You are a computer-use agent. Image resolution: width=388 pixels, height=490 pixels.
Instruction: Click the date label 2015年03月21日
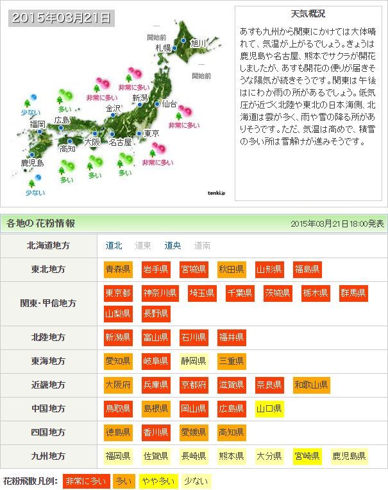point(62,18)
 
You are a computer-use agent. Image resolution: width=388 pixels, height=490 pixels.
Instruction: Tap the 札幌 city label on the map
point(163,48)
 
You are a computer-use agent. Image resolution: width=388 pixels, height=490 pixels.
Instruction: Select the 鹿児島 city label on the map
point(32,163)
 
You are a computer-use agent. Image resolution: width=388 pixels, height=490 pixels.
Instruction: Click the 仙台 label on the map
point(169,103)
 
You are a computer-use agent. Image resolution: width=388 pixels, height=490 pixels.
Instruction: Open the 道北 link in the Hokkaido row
point(114,245)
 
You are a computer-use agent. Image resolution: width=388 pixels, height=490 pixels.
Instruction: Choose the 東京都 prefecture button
point(118,293)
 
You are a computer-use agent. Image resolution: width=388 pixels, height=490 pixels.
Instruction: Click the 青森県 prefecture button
point(118,269)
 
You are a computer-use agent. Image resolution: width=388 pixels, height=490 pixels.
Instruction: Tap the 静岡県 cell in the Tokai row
point(194,361)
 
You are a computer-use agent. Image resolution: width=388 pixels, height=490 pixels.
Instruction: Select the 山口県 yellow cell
point(269,408)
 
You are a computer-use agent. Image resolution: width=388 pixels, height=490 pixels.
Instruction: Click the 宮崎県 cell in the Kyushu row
point(307,457)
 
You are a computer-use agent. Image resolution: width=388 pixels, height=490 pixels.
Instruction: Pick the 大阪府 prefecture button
point(118,385)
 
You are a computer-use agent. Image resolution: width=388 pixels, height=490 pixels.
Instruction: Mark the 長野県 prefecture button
point(156,313)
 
